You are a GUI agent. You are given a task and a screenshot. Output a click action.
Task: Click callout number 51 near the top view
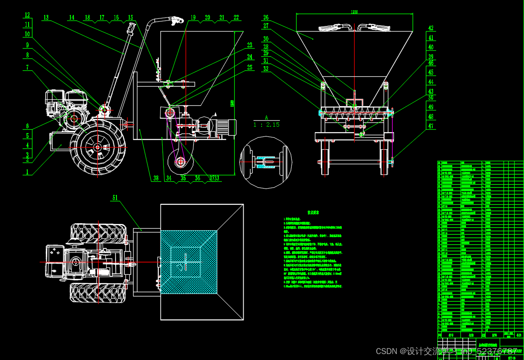pos(115,198)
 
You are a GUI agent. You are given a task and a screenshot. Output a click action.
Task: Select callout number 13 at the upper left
pos(46,17)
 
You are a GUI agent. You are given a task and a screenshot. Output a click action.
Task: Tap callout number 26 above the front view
pos(266,17)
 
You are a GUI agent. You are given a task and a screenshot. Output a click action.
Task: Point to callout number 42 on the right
pos(431,28)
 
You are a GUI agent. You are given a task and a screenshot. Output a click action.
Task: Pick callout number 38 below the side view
pos(156,178)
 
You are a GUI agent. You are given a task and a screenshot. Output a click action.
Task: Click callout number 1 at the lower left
pos(27,172)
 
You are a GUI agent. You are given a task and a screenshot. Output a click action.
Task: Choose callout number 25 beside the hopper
pos(250,67)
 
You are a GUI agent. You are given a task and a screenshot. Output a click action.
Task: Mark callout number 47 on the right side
pos(431,126)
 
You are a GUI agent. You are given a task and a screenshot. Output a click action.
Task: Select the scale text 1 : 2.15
pos(266,125)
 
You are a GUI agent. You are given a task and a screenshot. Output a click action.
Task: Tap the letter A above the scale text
pos(266,117)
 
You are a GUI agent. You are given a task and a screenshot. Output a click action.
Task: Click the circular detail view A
pos(266,162)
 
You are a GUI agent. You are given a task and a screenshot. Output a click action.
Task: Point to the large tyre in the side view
pos(98,147)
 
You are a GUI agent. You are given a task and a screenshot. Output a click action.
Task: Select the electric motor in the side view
pos(224,126)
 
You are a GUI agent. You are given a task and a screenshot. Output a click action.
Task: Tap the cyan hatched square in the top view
pos(188,261)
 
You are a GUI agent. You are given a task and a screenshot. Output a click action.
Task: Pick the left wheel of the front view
pos(325,157)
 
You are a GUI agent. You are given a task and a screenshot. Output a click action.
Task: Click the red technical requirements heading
pos(314,212)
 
